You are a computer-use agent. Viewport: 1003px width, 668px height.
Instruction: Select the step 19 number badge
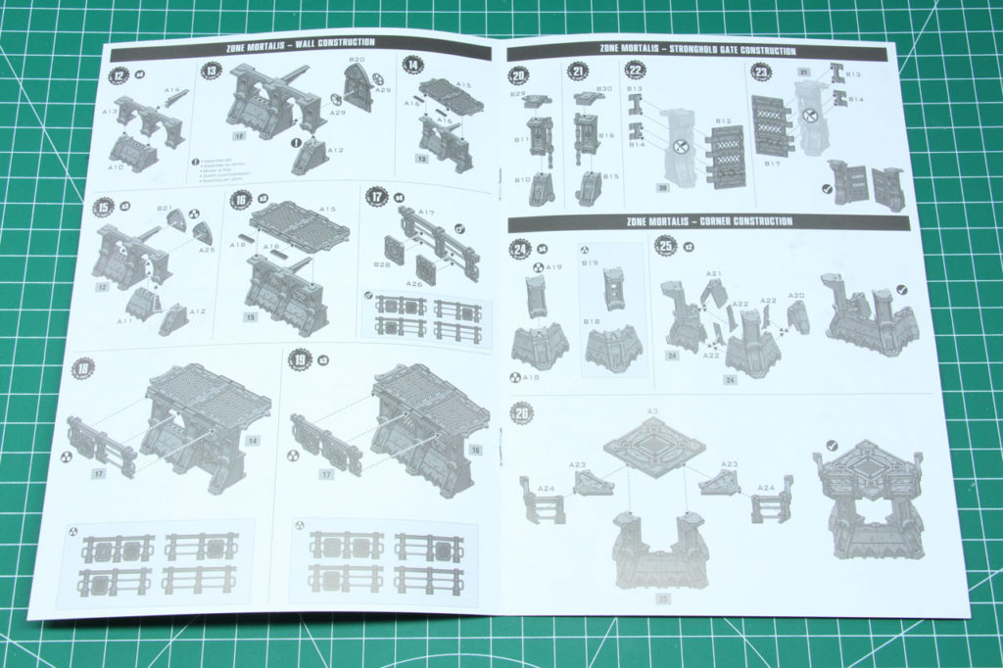coord(299,359)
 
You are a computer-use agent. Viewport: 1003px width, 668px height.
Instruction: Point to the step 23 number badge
coord(760,72)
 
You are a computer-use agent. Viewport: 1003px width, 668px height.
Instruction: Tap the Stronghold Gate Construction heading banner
coord(697,50)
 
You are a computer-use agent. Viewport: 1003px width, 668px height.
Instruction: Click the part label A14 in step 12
coord(170,91)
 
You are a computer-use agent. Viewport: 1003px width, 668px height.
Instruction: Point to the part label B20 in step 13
coord(357,61)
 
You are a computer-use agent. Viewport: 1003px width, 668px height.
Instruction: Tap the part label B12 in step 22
coord(723,121)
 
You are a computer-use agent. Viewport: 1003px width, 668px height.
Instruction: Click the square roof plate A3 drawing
coord(653,447)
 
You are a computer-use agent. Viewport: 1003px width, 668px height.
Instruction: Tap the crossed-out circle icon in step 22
coord(677,146)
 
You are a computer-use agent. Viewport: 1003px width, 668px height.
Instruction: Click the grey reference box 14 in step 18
coord(253,441)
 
